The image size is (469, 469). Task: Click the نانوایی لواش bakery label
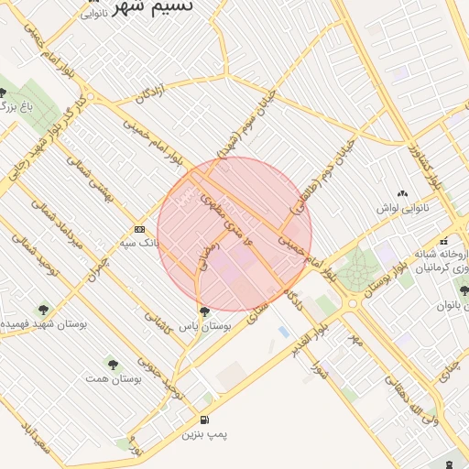[x=402, y=208]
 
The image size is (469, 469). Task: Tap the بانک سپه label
[x=138, y=244]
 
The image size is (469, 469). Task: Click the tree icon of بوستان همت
[x=112, y=363]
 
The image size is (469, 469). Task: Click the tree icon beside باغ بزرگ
[x=4, y=93]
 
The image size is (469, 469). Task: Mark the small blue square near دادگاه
[x=283, y=331]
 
